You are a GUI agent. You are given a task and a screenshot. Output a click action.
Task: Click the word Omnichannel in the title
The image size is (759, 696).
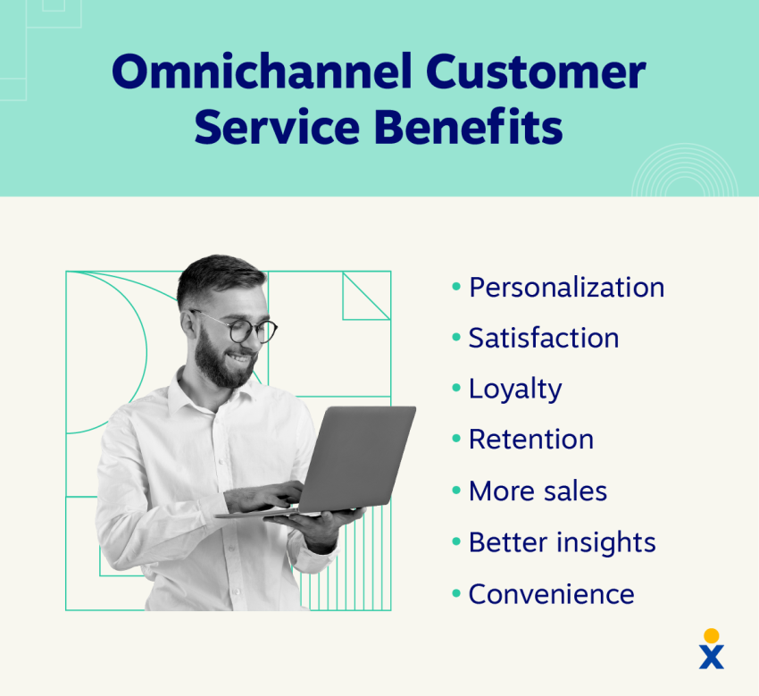coord(262,71)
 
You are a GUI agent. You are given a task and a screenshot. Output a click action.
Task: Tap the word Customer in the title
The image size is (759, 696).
coord(536,71)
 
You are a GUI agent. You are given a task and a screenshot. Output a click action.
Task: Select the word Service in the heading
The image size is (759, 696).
coord(277,126)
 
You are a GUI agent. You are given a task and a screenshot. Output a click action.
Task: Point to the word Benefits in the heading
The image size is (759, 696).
coord(468,126)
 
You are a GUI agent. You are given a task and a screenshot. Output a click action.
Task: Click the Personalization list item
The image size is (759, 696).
coord(566,287)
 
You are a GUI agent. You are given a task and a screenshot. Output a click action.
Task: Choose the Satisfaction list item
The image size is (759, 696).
coord(544,338)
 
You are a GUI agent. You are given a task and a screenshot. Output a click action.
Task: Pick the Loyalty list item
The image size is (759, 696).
coord(515,389)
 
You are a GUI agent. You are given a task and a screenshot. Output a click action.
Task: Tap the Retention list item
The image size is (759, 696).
coord(531,440)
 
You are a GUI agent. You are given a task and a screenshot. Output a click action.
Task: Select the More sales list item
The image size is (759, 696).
coord(538,491)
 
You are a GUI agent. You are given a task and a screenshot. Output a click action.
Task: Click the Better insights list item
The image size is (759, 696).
coord(562,542)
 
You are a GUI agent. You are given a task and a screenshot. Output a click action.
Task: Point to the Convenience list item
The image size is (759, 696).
coord(551,594)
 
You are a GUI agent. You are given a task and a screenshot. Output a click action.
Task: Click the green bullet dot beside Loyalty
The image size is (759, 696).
coord(456,388)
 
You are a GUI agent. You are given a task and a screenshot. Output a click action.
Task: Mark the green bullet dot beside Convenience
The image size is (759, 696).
coord(456,593)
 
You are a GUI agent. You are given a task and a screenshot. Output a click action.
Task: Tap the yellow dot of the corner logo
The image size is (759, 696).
coord(711,635)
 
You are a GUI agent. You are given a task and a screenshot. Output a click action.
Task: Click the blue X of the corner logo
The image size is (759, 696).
coord(712,657)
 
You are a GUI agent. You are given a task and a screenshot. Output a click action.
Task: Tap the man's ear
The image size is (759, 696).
coord(188,324)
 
